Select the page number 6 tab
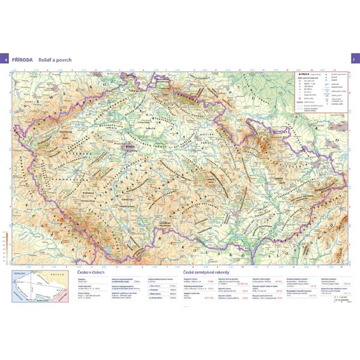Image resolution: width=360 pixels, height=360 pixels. click(x=6, y=61)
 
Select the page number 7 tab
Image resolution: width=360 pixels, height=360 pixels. click(x=354, y=61)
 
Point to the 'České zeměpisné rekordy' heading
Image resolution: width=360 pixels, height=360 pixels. click(x=197, y=272)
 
